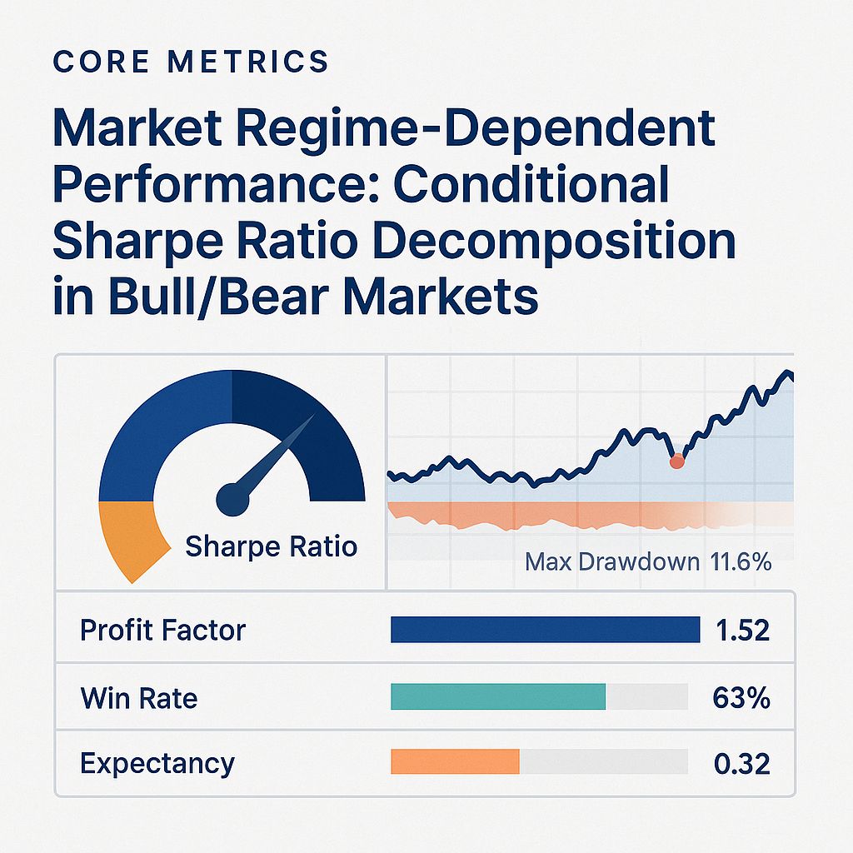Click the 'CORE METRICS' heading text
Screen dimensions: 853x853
coord(190,62)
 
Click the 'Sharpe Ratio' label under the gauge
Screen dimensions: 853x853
coord(271,546)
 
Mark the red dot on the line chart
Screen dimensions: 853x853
coord(676,461)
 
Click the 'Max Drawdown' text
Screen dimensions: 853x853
coord(612,562)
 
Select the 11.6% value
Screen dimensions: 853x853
coord(741,562)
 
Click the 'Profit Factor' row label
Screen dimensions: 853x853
coord(162,631)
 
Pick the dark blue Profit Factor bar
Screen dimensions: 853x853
coord(545,631)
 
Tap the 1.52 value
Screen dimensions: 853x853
coord(742,631)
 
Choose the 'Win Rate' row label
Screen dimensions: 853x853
coord(139,697)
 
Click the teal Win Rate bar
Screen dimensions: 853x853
coord(497,697)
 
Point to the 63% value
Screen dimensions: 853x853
coord(741,697)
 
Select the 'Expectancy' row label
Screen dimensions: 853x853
coord(157,763)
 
